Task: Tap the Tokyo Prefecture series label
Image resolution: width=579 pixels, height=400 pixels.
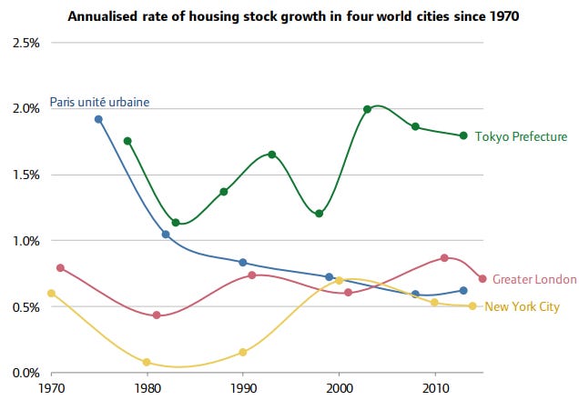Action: (522, 137)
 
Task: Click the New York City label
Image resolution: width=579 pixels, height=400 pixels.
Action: (522, 307)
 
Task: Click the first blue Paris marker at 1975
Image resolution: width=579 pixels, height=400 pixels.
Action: (98, 119)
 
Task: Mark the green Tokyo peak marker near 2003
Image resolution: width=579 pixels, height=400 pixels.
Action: (368, 109)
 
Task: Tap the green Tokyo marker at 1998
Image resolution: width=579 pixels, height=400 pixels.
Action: (319, 214)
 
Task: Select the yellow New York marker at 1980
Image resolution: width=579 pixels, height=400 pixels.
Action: (147, 362)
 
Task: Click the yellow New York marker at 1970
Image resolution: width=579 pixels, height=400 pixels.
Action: (51, 294)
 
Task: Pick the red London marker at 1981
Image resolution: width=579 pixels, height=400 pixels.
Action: (157, 315)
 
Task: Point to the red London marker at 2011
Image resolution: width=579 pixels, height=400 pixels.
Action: (444, 258)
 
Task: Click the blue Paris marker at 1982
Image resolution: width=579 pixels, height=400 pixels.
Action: (166, 235)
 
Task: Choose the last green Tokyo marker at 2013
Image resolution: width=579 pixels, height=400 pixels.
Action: (463, 135)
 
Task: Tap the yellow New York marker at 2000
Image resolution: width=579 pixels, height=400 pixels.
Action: (339, 281)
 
